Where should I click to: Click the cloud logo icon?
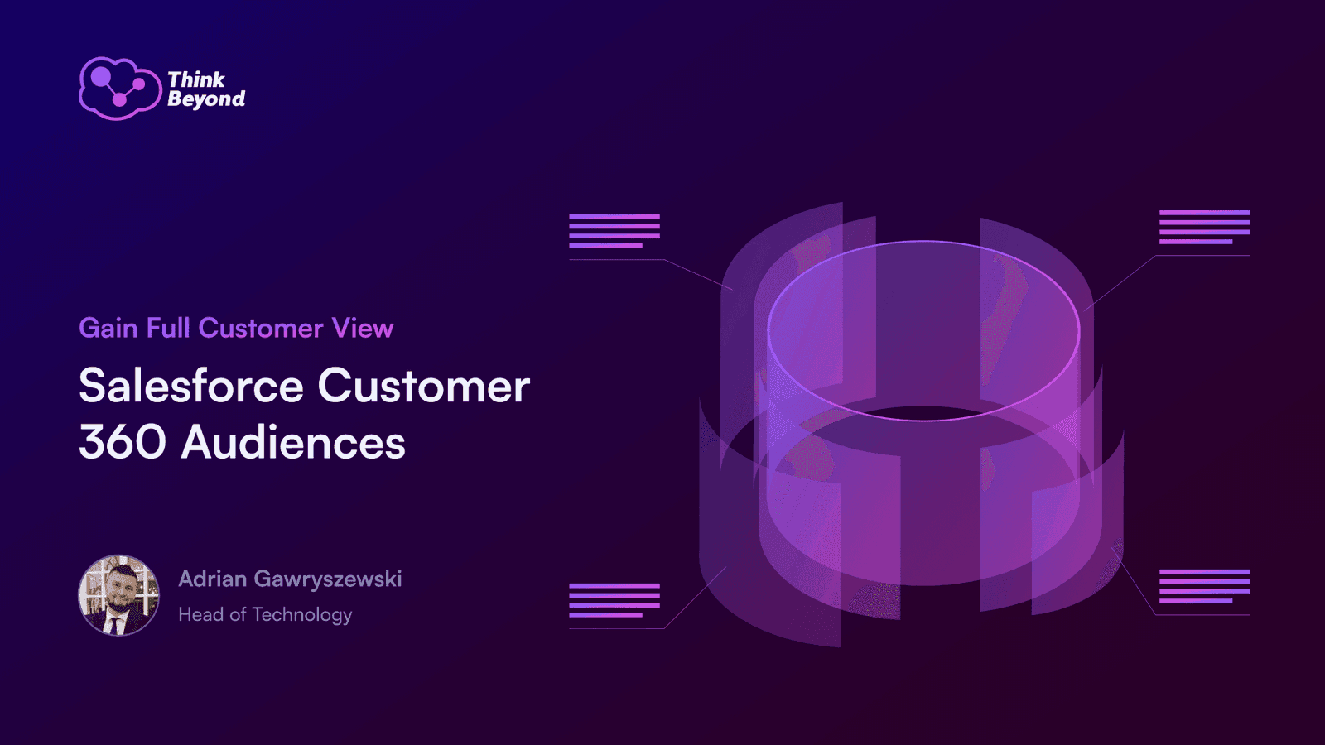click(x=120, y=89)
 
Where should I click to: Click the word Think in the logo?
click(x=196, y=79)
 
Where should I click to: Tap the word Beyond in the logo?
click(x=206, y=99)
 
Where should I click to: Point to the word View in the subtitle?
click(x=363, y=328)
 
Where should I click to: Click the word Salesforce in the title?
click(x=191, y=386)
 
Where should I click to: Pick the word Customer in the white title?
click(x=424, y=386)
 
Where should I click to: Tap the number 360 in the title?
click(x=123, y=442)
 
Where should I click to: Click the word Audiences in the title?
click(x=293, y=442)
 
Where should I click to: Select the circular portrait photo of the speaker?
click(x=119, y=595)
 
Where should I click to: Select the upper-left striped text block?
click(x=614, y=231)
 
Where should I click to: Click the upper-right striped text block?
click(x=1204, y=227)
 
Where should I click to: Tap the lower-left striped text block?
click(x=614, y=600)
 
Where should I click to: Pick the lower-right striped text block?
click(x=1204, y=586)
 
